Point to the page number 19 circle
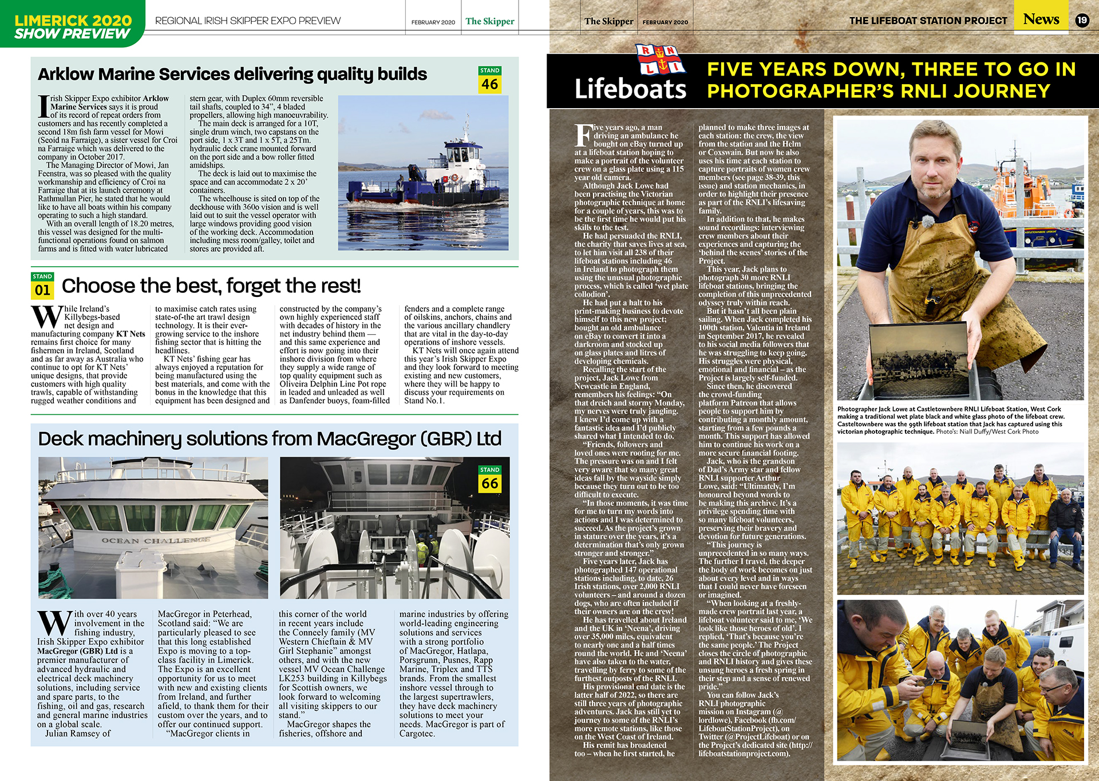[x=1082, y=21]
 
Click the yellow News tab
[x=1041, y=19]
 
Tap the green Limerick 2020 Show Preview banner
[x=73, y=26]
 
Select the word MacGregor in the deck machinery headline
[x=366, y=439]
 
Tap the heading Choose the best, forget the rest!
[x=211, y=286]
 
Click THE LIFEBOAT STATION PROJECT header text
[x=928, y=21]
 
